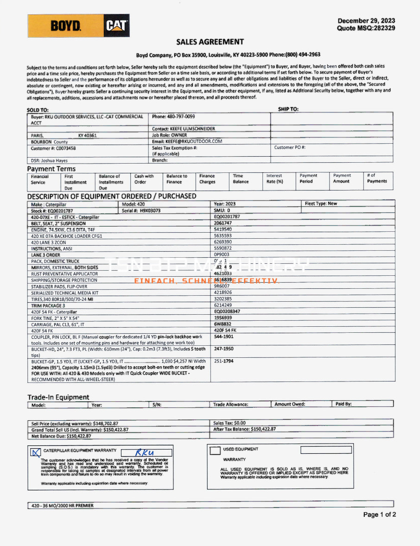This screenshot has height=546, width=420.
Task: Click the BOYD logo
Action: pos(66,26)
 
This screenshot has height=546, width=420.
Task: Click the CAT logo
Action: pos(116,26)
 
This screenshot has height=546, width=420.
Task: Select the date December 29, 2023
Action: pos(366,21)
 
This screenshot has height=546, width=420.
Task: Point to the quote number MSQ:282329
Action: pos(366,28)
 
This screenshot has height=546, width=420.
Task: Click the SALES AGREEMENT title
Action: pos(210,42)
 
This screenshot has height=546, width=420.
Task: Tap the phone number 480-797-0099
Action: pos(180,117)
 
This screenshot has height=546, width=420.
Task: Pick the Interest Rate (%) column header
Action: pos(274,179)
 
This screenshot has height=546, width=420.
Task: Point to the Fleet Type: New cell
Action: pos(321,204)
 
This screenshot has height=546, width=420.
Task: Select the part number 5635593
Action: pos(223,235)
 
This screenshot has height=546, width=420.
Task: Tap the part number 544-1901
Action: pos(224,336)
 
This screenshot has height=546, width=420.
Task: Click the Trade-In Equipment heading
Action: pos(58,397)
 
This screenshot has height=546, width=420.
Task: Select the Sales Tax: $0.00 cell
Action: pos(229,423)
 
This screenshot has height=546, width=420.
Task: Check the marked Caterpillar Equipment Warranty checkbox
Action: pos(35,452)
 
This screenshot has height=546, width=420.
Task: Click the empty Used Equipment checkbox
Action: pos(215,450)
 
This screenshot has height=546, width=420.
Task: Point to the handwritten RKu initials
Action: pos(145,452)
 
